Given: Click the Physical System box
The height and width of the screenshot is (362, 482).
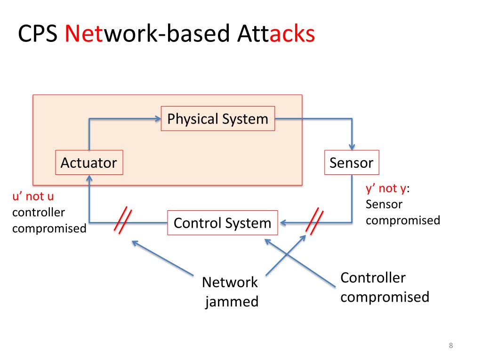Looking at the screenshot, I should click(x=217, y=119).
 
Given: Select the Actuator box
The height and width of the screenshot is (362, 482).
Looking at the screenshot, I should click(x=89, y=163).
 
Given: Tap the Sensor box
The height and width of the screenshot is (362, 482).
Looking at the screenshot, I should click(x=351, y=163).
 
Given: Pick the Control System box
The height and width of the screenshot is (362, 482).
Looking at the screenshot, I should click(x=223, y=222).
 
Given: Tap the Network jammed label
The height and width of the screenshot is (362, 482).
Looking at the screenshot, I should click(x=231, y=291).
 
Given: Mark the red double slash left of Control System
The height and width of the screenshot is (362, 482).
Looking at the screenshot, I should click(x=122, y=220).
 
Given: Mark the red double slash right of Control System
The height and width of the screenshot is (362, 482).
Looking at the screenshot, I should click(x=314, y=220).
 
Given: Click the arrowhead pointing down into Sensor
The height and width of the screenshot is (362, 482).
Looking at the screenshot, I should click(x=352, y=147).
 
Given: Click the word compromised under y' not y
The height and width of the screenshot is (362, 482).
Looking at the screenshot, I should click(x=402, y=220).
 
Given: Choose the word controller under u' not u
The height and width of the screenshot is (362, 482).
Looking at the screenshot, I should click(x=38, y=212).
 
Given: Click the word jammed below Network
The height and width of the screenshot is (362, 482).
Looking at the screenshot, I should click(x=232, y=301).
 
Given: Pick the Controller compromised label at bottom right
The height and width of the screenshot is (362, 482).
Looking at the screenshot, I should click(x=385, y=287).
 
